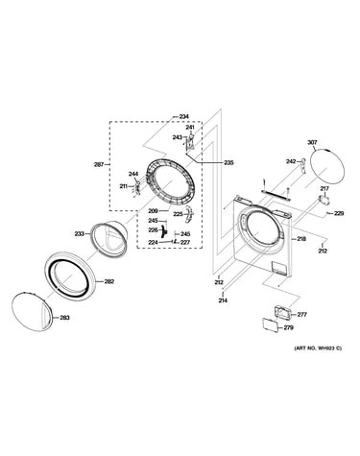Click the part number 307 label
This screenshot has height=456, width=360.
(x=312, y=142)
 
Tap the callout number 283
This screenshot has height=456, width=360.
(x=65, y=318)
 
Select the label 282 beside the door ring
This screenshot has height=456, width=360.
(x=109, y=281)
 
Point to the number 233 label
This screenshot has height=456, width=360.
(x=80, y=234)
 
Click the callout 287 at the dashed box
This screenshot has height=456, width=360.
(x=99, y=165)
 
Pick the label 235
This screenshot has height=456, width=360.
(x=228, y=162)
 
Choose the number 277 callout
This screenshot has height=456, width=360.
(x=302, y=315)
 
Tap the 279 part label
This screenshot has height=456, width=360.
(x=288, y=327)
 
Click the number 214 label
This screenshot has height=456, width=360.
(x=223, y=300)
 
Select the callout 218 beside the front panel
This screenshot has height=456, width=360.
(x=301, y=239)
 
